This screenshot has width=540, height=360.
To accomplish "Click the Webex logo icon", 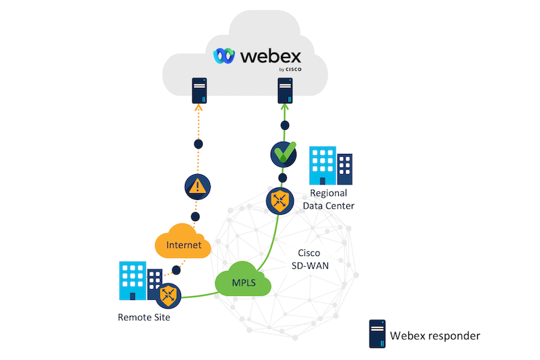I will point(223,55).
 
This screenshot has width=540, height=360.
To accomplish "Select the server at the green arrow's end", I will point(285,90).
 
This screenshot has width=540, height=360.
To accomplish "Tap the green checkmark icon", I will point(283,155).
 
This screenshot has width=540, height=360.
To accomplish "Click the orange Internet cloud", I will point(184,244).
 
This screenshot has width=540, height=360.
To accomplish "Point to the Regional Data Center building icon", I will point(331,166).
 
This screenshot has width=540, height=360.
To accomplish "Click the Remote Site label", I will point(144,317).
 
